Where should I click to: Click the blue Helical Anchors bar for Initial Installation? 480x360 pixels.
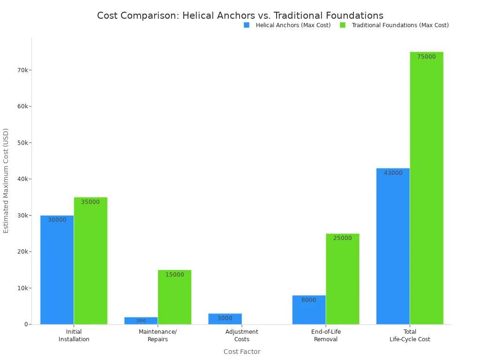(x=57, y=270)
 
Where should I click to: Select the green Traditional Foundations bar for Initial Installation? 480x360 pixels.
(x=90, y=261)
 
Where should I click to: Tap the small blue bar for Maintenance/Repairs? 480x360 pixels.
(x=141, y=321)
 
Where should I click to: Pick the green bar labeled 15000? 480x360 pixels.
(x=174, y=297)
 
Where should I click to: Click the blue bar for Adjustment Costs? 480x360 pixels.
(x=225, y=319)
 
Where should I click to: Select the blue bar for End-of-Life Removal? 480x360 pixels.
(x=309, y=309)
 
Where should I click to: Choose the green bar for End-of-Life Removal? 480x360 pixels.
(x=343, y=279)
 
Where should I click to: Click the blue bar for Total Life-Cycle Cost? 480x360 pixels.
(x=393, y=246)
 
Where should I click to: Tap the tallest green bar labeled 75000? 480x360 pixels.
(x=427, y=188)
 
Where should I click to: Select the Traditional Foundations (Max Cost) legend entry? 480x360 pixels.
(x=395, y=25)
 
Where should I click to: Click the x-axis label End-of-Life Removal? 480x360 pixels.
(x=326, y=335)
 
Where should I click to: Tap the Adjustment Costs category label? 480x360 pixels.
(x=242, y=335)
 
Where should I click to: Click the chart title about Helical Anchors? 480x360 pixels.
(x=240, y=15)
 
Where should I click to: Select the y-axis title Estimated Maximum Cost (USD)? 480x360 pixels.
(x=6, y=180)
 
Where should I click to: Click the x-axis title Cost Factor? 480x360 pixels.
(x=242, y=352)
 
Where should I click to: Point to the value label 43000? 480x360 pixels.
(x=393, y=173)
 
